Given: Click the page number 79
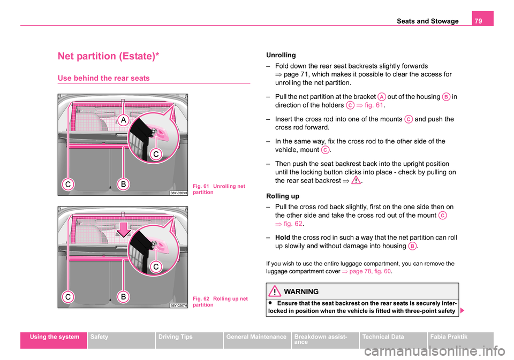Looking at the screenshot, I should click(484, 21).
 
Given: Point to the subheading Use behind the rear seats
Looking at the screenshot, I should click(104, 78).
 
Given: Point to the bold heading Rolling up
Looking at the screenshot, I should click(282, 196).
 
